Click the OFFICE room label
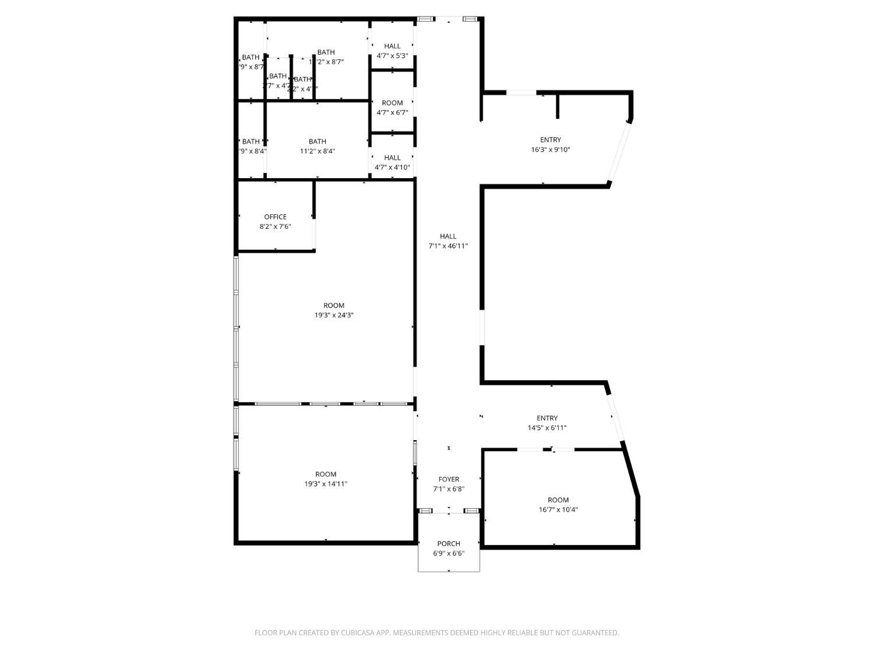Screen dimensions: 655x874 tap(275, 217)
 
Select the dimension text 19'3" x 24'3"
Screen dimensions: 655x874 tap(334, 316)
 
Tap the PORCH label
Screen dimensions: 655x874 tap(449, 544)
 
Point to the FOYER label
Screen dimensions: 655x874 tap(449, 480)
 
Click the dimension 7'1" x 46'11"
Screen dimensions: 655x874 tap(448, 246)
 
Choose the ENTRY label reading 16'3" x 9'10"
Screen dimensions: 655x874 tap(551, 140)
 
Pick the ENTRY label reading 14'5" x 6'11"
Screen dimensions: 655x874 tap(547, 418)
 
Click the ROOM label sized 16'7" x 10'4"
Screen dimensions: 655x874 tap(558, 500)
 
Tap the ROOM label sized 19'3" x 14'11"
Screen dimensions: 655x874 tap(326, 475)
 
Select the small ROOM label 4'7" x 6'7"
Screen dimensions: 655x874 tap(392, 103)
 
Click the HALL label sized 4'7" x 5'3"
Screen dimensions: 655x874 tap(392, 47)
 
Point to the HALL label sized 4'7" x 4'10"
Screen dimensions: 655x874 tap(392, 158)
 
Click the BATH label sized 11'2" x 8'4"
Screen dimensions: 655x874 tap(318, 141)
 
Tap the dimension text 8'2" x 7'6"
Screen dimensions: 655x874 tap(275, 227)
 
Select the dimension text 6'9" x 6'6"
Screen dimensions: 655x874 tap(449, 554)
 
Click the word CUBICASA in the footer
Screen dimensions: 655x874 tap(357, 633)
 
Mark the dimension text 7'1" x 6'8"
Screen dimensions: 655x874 tap(449, 490)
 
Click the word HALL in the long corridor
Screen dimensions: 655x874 tap(448, 236)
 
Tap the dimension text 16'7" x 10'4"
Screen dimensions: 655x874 tap(558, 510)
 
